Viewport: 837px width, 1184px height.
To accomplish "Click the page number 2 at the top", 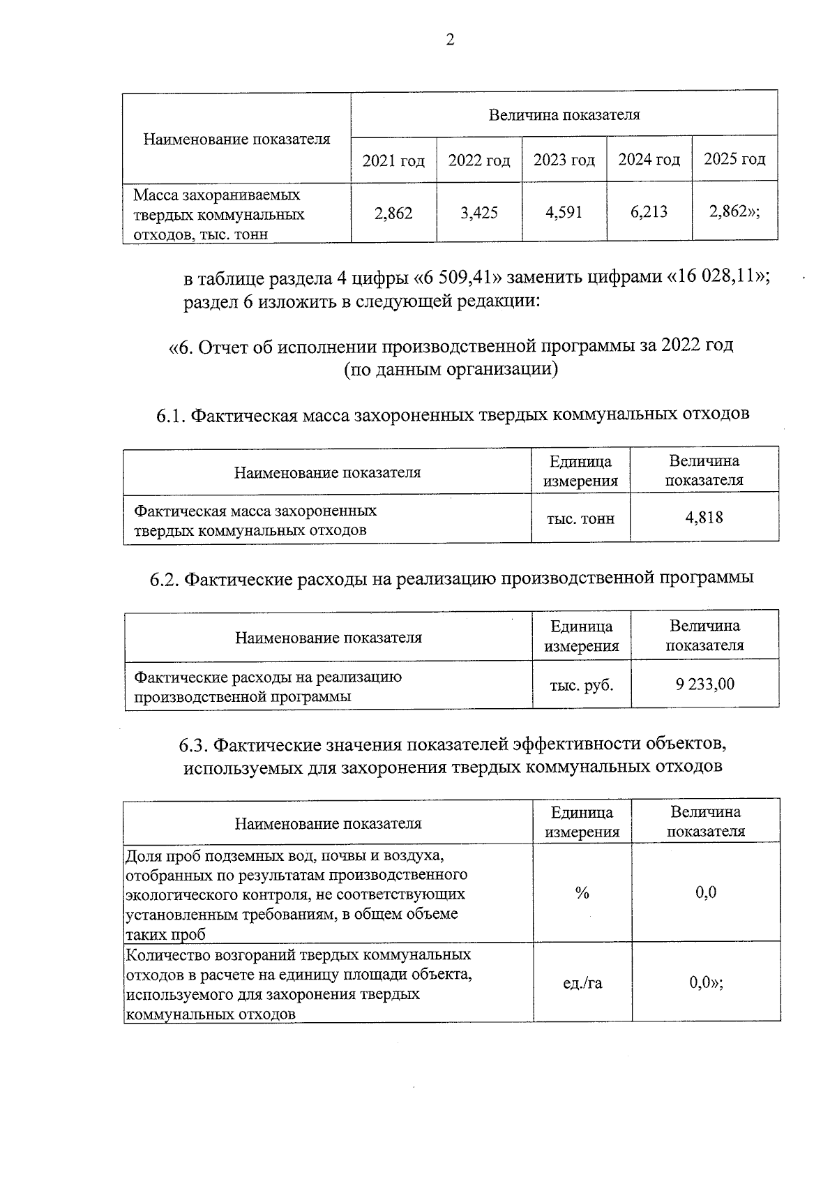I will point(450,40).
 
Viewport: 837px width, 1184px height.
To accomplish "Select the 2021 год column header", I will point(393,160).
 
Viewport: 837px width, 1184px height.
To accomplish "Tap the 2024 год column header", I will point(649,160).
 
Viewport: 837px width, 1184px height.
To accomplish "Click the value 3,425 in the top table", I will point(479,213).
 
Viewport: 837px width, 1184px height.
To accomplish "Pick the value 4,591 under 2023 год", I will point(564,212).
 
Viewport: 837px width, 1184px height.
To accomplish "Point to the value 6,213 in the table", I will point(649,211).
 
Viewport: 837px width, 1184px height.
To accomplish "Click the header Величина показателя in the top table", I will point(564,114).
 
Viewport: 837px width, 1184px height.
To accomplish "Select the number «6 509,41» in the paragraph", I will point(457,278).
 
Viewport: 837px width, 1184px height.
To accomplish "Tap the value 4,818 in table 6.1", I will point(704,517).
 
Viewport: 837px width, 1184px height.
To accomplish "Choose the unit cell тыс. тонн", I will point(581,518).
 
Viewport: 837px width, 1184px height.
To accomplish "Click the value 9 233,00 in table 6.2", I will point(704,684).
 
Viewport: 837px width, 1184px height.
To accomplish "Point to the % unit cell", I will point(582,893).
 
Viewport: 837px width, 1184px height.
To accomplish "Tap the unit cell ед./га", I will point(582,983).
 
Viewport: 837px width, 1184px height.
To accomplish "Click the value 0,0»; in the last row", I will point(706,982).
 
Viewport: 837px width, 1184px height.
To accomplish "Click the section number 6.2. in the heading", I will point(165,579).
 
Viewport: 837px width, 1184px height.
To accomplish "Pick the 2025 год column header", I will point(734,159).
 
